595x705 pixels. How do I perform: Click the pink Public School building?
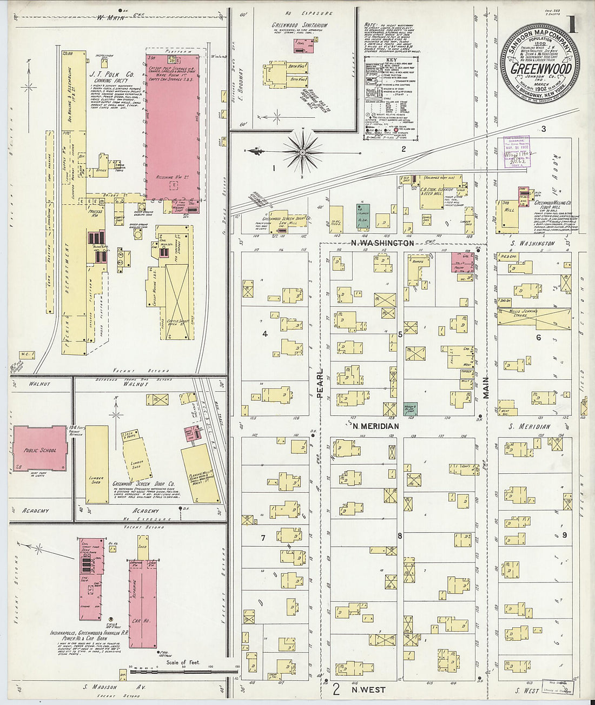click(x=39, y=448)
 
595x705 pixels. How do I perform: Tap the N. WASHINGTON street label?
click(x=382, y=243)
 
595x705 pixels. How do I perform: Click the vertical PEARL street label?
click(x=320, y=384)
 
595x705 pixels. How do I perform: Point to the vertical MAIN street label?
click(x=486, y=387)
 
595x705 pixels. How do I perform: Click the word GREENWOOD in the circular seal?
click(x=541, y=69)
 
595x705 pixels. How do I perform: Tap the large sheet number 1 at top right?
click(x=572, y=24)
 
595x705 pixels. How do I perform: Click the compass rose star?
click(x=302, y=152)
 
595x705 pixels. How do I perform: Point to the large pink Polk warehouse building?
click(x=172, y=124)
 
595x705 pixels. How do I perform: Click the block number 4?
click(x=265, y=334)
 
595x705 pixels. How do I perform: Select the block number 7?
click(x=263, y=538)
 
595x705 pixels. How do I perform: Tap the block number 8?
click(x=400, y=536)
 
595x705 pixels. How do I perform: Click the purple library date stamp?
click(x=514, y=152)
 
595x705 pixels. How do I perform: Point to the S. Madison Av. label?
click(x=108, y=687)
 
